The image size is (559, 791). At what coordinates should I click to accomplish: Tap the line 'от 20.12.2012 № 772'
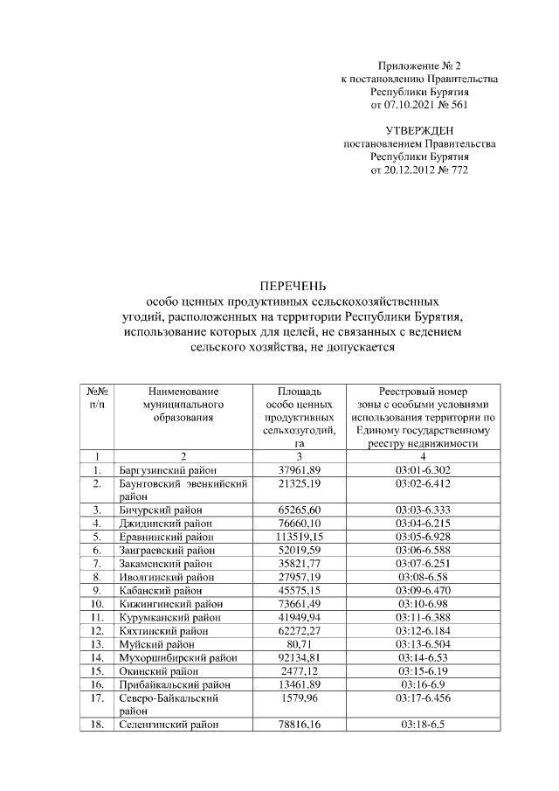(x=419, y=170)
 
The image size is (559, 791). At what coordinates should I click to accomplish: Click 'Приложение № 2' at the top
(x=419, y=66)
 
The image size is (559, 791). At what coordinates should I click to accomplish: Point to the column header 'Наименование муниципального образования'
(x=183, y=405)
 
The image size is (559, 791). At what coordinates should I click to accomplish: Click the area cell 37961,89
(x=299, y=470)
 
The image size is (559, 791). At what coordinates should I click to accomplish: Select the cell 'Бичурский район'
(x=160, y=509)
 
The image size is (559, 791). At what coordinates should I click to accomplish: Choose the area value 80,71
(x=299, y=643)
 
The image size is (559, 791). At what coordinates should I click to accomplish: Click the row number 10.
(x=97, y=603)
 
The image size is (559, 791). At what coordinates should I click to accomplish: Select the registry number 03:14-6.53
(x=423, y=656)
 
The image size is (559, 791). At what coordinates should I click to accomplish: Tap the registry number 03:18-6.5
(x=423, y=725)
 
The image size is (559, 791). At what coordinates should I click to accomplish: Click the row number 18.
(x=97, y=725)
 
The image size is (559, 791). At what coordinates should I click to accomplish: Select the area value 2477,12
(x=299, y=670)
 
